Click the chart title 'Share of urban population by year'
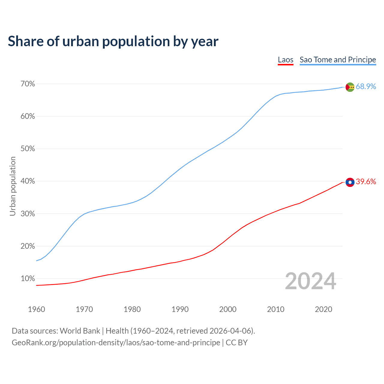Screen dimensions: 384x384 tap(113, 41)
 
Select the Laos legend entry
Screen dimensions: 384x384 tap(285, 60)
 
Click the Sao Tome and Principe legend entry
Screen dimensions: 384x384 tap(337, 60)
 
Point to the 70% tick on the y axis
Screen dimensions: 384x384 tap(28, 84)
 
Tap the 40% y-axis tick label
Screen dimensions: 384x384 tap(28, 181)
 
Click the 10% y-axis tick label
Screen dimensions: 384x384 tap(28, 279)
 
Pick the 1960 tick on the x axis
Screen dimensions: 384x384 tap(36, 309)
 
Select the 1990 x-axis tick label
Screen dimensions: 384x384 tap(180, 309)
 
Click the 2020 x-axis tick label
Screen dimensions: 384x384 tap(323, 309)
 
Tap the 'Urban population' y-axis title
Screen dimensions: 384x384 tap(13, 186)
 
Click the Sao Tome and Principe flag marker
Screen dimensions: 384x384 tap(350, 87)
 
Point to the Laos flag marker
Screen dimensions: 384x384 tap(350, 182)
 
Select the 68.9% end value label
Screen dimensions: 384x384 tap(366, 87)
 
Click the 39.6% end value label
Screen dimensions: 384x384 tap(366, 182)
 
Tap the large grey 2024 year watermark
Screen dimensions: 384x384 tap(310, 281)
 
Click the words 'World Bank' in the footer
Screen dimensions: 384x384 tap(80, 331)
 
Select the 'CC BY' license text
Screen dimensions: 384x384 tap(237, 343)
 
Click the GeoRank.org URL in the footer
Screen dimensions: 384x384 tap(116, 343)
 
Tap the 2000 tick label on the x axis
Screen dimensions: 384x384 tap(228, 309)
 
